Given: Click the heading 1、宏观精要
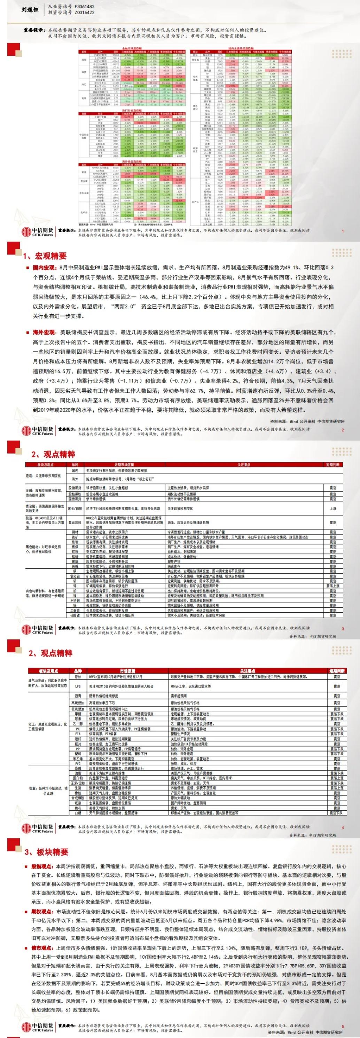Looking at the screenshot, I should (x=45, y=256).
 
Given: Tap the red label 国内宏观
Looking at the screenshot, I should (x=44, y=268).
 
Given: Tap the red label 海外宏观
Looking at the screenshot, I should (x=44, y=333).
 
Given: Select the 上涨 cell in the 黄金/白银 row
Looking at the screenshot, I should (x=332, y=509).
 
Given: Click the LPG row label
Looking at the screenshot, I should (x=78, y=686).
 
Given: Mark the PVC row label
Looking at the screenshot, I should (x=78, y=763).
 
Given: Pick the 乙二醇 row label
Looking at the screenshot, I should (x=78, y=724).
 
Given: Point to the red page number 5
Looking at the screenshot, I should (x=342, y=1027).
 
